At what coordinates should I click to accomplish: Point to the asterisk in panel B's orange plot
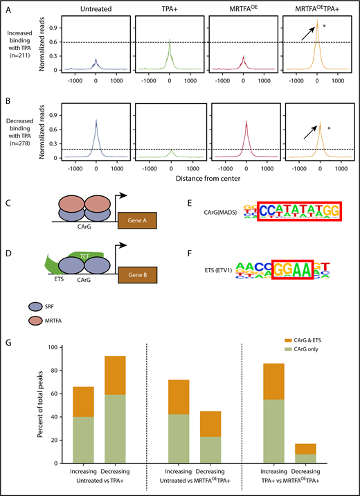pos(329,129)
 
